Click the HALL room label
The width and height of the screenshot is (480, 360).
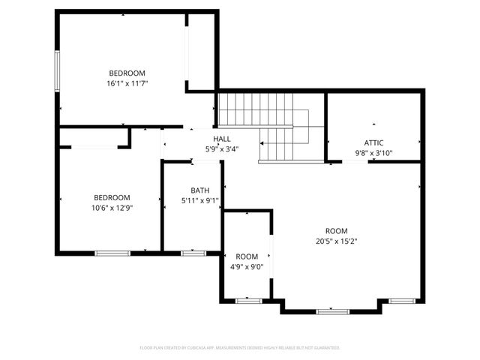222,139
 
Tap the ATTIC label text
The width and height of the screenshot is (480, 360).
373,142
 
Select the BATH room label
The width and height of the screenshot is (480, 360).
199,190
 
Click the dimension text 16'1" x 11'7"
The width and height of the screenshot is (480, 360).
127,83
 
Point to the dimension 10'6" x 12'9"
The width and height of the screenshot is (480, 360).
112,208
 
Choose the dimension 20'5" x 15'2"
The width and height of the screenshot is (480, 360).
336,241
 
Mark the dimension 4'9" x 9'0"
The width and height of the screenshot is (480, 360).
247,267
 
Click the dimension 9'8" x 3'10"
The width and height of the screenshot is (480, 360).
373,153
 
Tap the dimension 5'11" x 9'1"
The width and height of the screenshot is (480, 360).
199,201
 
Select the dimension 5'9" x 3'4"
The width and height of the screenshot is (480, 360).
222,149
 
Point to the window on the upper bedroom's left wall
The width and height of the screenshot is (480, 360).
57,72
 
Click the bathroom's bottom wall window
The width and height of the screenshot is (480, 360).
193,253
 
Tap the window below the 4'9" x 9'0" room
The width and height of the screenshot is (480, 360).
248,301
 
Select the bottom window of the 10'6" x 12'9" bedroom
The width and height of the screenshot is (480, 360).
112,253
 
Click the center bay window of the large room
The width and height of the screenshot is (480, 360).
332,310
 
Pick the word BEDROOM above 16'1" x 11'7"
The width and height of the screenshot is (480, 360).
127,73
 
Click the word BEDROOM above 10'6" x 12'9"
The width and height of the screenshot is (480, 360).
112,197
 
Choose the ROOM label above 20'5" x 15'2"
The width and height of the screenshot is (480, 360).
336,231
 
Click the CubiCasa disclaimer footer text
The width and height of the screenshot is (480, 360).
240,348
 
